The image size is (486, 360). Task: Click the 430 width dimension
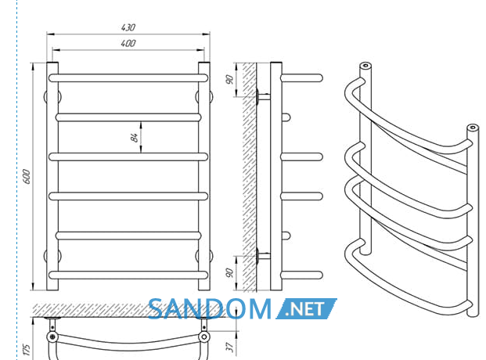(128, 27)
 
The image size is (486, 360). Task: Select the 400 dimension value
(128, 43)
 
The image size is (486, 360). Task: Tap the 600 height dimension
(27, 176)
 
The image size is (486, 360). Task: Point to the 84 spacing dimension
(135, 138)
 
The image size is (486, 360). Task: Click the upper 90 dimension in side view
(229, 80)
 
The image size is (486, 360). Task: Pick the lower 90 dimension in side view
(229, 273)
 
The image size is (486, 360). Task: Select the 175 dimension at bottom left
(27, 350)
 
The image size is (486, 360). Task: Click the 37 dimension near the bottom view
(229, 347)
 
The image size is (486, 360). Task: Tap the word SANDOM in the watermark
(210, 309)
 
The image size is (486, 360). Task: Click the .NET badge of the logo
(306, 309)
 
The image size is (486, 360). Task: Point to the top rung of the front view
(128, 77)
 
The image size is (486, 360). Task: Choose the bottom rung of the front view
(128, 275)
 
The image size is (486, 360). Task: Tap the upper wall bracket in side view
(263, 97)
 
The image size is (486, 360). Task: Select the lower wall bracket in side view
(263, 256)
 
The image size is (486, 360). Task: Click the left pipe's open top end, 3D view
(365, 66)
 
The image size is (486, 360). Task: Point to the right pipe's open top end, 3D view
(473, 128)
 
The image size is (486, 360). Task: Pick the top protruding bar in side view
(301, 77)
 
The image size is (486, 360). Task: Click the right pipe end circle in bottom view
(204, 337)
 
